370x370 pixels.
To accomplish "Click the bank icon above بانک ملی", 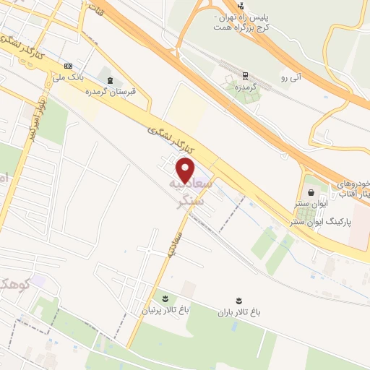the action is pyautogui.click(x=68, y=66).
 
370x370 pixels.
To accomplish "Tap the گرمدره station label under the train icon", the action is pyautogui.click(x=246, y=87).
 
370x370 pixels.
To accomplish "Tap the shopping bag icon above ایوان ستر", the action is pyautogui.click(x=311, y=192).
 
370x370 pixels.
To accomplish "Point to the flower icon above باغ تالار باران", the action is pyautogui.click(x=238, y=299).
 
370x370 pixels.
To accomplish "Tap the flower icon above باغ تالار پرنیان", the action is pyautogui.click(x=164, y=298).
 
